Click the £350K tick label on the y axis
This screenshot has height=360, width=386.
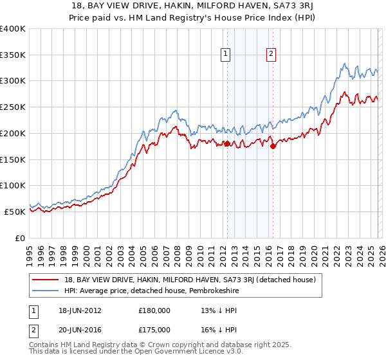[x=12, y=55]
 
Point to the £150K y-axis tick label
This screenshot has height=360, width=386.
[x=12, y=159]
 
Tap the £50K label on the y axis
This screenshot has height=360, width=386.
[x=15, y=212]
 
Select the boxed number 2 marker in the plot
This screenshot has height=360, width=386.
[x=271, y=55]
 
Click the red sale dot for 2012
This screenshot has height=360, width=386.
[x=227, y=144]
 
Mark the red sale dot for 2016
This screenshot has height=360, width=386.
[x=273, y=147]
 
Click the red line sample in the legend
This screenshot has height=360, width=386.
[x=46, y=280]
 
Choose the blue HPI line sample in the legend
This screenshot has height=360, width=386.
[x=46, y=291]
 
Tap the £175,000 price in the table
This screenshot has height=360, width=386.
[x=154, y=328]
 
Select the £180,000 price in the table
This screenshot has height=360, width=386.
[x=154, y=310]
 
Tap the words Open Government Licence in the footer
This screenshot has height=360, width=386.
[x=186, y=353]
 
